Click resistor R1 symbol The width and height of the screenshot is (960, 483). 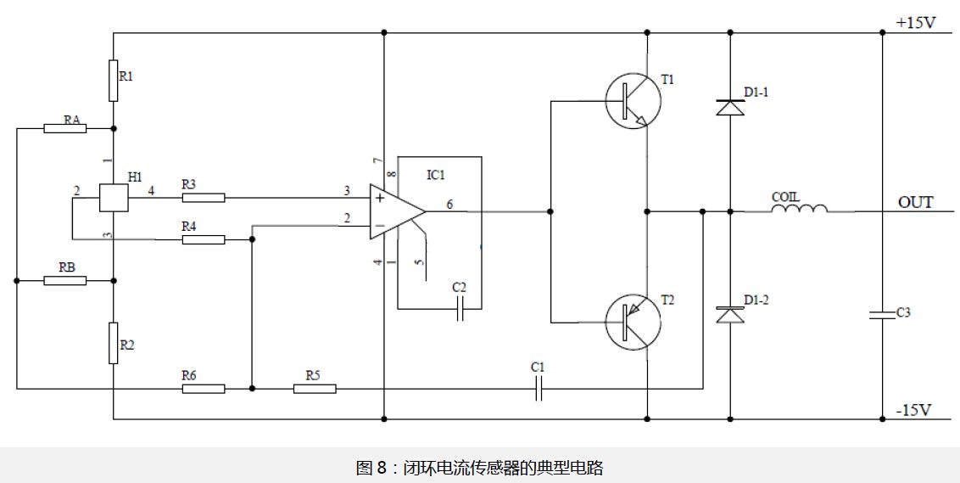tap(113, 81)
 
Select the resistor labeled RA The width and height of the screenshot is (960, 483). tap(64, 129)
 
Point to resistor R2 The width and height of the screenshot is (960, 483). tap(113, 343)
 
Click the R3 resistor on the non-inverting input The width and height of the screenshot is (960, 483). tap(204, 198)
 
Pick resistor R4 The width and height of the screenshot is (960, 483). tap(204, 240)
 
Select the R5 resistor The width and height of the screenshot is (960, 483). tap(315, 389)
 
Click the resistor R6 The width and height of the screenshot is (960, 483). tap(204, 389)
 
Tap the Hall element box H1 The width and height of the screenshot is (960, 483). tap(113, 198)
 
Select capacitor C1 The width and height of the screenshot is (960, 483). tap(538, 389)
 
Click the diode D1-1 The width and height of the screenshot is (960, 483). tap(730, 108)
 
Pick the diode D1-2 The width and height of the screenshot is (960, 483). tap(730, 315)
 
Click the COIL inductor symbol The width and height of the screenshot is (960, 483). tap(799, 209)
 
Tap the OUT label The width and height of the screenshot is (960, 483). tap(915, 202)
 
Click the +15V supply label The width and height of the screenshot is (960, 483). tap(915, 23)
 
